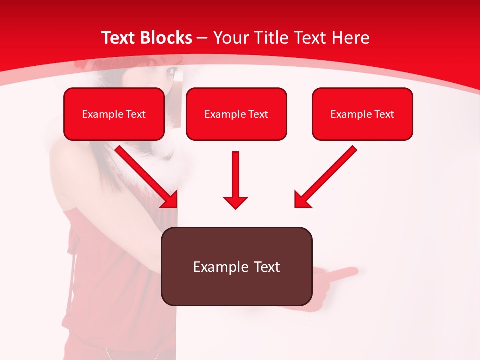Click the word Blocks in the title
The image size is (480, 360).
[166, 38]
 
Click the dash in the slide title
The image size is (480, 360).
[202, 38]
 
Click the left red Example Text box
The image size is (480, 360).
[114, 114]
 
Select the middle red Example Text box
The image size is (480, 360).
[236, 114]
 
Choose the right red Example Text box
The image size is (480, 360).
[362, 114]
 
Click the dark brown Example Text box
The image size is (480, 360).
[236, 266]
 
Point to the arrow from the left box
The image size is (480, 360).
[145, 175]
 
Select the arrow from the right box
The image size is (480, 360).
[327, 175]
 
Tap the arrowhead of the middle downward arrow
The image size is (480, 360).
[235, 202]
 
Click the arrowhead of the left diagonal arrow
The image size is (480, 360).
[170, 200]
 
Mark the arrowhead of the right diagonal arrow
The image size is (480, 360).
[302, 200]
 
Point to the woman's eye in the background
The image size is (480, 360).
[173, 72]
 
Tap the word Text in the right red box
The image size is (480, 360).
[384, 114]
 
